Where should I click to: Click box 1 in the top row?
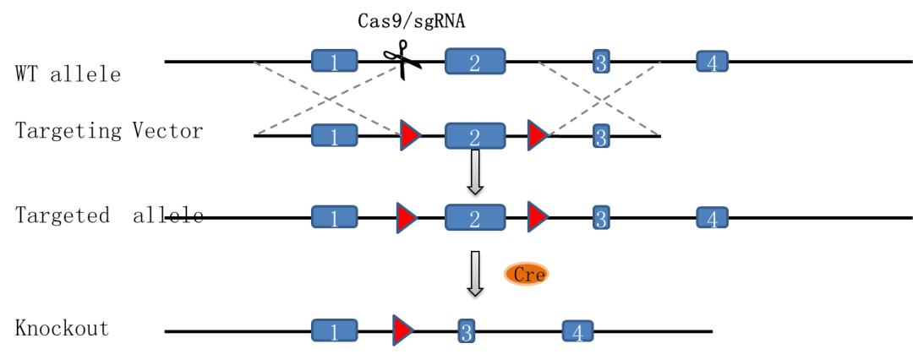click(334, 61)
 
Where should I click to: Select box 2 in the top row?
click(475, 62)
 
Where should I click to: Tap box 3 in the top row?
click(601, 62)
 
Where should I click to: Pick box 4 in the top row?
click(712, 62)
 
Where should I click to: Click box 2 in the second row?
click(475, 136)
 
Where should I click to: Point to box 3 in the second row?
click(601, 136)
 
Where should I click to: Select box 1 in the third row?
click(334, 218)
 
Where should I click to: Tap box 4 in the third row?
click(712, 218)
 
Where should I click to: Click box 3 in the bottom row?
click(466, 331)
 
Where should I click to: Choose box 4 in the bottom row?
click(577, 331)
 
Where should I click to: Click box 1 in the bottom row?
click(334, 331)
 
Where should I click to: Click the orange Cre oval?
click(526, 274)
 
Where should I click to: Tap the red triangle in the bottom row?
click(402, 330)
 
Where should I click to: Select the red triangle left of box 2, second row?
click(410, 136)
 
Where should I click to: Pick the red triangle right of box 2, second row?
click(537, 135)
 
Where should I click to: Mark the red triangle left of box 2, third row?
click(406, 218)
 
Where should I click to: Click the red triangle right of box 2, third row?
click(537, 217)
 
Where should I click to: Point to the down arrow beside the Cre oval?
click(475, 273)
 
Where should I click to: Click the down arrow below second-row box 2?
click(475, 172)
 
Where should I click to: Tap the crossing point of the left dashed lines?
click(330, 98)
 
